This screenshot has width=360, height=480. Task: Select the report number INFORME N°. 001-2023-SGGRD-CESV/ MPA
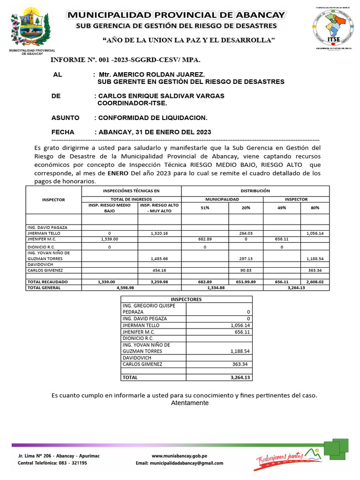click(x=125, y=60)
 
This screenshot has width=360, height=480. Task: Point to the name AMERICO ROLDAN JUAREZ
click(x=158, y=75)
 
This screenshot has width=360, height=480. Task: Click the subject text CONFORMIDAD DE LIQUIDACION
click(x=152, y=117)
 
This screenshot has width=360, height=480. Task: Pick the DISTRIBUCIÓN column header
click(x=255, y=191)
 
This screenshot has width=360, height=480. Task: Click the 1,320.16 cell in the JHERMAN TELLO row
click(x=160, y=233)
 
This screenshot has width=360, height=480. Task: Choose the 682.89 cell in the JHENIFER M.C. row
click(x=205, y=239)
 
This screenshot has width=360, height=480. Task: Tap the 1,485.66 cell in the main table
click(x=160, y=258)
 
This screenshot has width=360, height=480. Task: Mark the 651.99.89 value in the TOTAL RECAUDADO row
click(x=246, y=282)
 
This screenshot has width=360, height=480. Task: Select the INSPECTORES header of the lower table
click(x=186, y=299)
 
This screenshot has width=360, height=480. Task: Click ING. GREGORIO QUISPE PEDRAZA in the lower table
click(x=149, y=308)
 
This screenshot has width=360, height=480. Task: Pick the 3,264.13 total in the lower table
click(x=240, y=377)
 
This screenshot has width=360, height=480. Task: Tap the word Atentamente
click(x=190, y=403)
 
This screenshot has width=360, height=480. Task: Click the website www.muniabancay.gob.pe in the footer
click(x=180, y=456)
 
